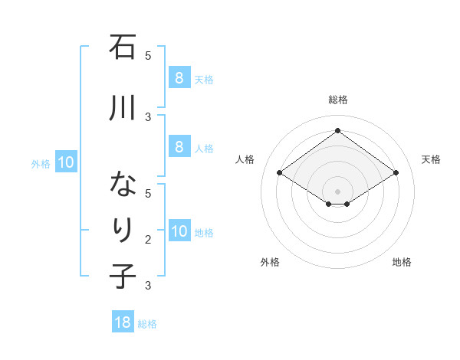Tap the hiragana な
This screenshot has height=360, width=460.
pos(123,185)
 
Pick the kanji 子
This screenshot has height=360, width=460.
pos(123,275)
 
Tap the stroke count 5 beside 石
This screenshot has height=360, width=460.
pos(148,55)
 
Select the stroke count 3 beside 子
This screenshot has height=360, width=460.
pos(148,286)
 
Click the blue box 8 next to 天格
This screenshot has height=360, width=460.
pos(179,77)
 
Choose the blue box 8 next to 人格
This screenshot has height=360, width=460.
pos(179,147)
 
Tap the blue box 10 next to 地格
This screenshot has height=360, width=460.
pos(179,231)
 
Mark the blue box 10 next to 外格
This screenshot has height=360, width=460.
pos(66,162)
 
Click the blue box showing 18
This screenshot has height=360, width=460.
pos(123,322)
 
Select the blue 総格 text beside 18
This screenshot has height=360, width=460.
pos(147,324)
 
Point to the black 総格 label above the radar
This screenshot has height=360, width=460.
pos(337,100)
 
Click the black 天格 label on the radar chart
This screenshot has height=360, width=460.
pos(431,159)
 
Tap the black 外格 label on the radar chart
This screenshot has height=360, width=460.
pos(269,262)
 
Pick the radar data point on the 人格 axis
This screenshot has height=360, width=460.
pos(279,173)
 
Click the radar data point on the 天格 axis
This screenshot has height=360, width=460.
pos(396,173)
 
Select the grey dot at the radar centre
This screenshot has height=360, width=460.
pos(337,190)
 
